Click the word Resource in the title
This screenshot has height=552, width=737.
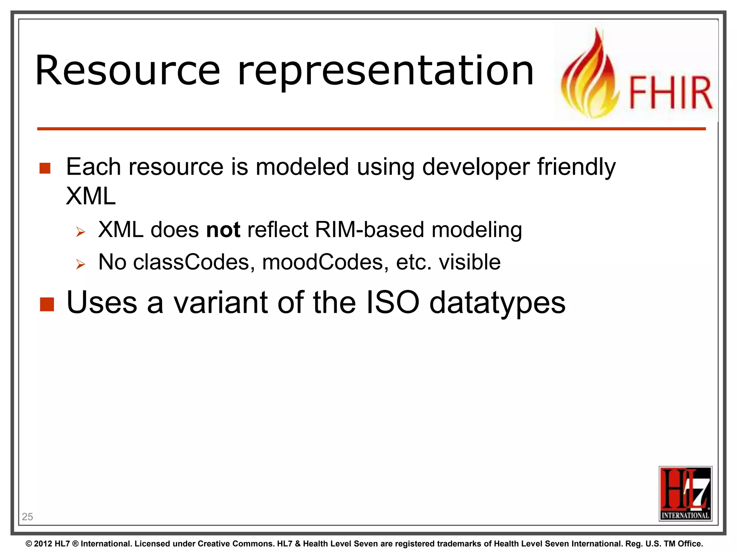128,71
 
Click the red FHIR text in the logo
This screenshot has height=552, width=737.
670,93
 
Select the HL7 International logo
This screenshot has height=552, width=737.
685,493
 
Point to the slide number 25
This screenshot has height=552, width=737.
27,516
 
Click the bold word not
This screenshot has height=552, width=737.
223,230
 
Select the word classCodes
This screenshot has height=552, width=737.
191,262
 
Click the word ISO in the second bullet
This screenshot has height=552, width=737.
393,302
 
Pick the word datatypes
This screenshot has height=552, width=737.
497,303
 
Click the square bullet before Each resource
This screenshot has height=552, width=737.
45,168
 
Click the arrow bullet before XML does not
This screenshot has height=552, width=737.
81,232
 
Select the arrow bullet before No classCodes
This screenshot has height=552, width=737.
81,265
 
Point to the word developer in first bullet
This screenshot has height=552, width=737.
476,167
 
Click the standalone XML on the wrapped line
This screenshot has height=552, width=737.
91,196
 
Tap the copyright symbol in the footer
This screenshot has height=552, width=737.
29,544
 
